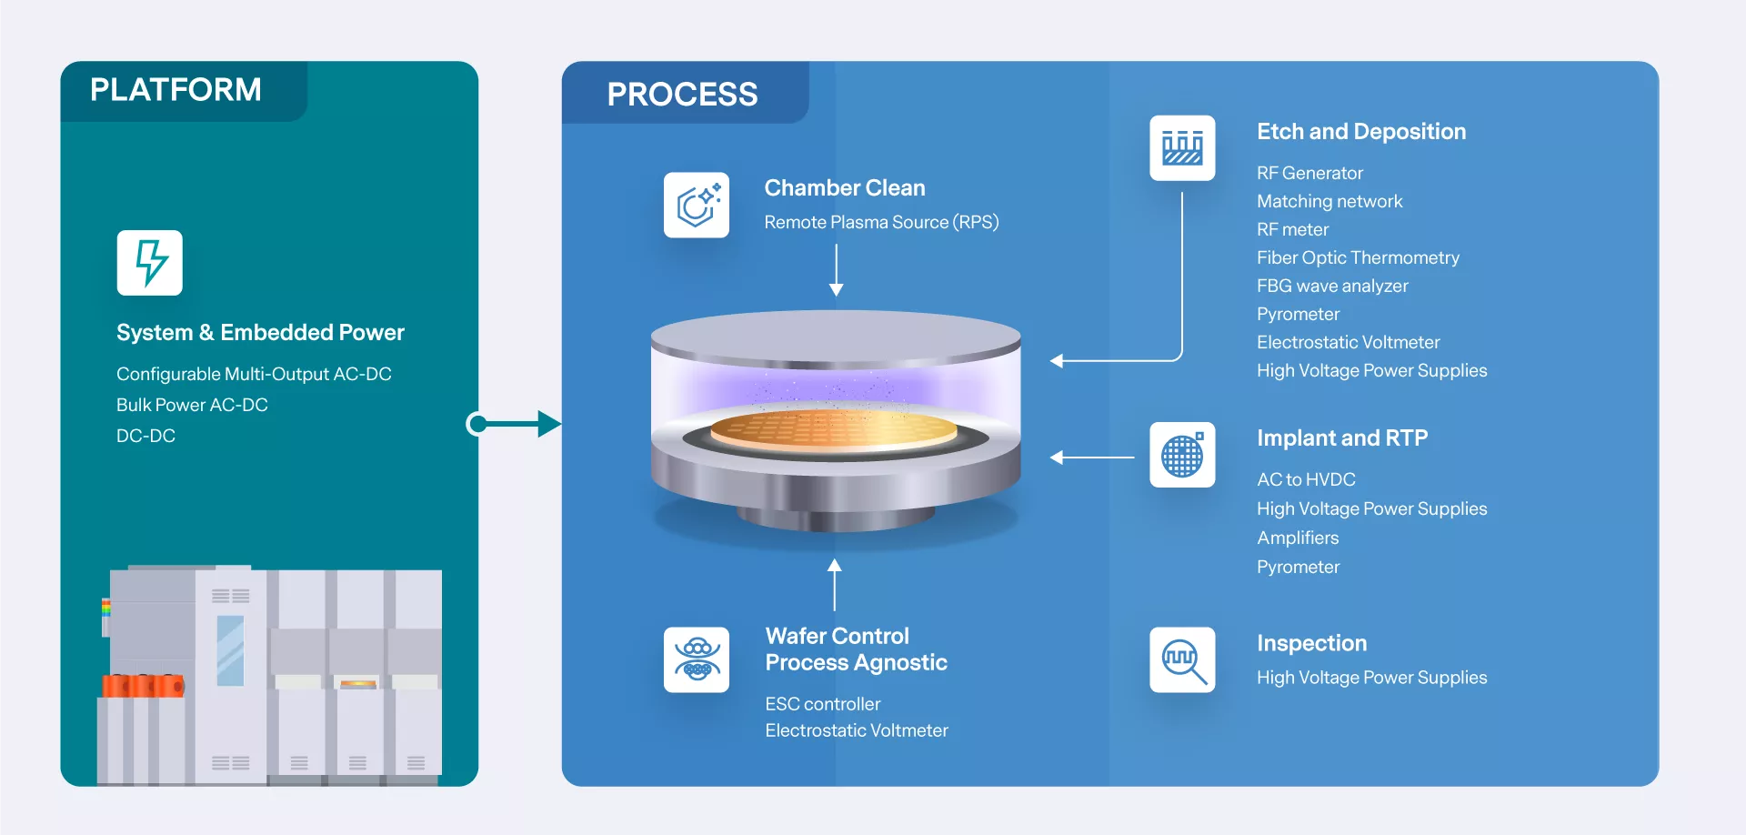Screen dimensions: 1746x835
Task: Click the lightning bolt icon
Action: pyautogui.click(x=150, y=263)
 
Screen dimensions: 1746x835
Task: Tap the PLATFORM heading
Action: pyautogui.click(x=176, y=90)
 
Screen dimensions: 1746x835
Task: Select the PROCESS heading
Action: pyautogui.click(x=682, y=95)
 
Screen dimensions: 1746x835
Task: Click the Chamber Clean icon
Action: pyautogui.click(x=697, y=205)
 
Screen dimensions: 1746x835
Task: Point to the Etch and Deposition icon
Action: pyautogui.click(x=1182, y=147)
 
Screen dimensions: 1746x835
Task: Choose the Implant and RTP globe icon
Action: pyautogui.click(x=1182, y=455)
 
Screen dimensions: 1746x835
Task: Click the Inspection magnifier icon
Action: pyautogui.click(x=1182, y=659)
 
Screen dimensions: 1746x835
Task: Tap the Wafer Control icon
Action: pyautogui.click(x=697, y=659)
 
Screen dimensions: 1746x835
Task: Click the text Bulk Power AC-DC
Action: pyautogui.click(x=192, y=405)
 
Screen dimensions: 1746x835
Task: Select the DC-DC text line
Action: pyautogui.click(x=145, y=436)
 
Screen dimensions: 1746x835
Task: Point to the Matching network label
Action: pyautogui.click(x=1330, y=201)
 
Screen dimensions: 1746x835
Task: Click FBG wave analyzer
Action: pyautogui.click(x=1332, y=286)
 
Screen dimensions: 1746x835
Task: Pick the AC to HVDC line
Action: pyautogui.click(x=1306, y=479)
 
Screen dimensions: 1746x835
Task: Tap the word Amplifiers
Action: pyautogui.click(x=1298, y=538)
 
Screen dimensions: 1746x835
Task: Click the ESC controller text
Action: pyautogui.click(x=823, y=704)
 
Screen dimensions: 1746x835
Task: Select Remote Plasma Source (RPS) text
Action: pyautogui.click(x=881, y=222)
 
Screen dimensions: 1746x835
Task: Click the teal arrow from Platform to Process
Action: pyautogui.click(x=514, y=424)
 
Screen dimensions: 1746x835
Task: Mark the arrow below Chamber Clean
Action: pyautogui.click(x=837, y=269)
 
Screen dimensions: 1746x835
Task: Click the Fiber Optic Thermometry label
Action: pyautogui.click(x=1358, y=257)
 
